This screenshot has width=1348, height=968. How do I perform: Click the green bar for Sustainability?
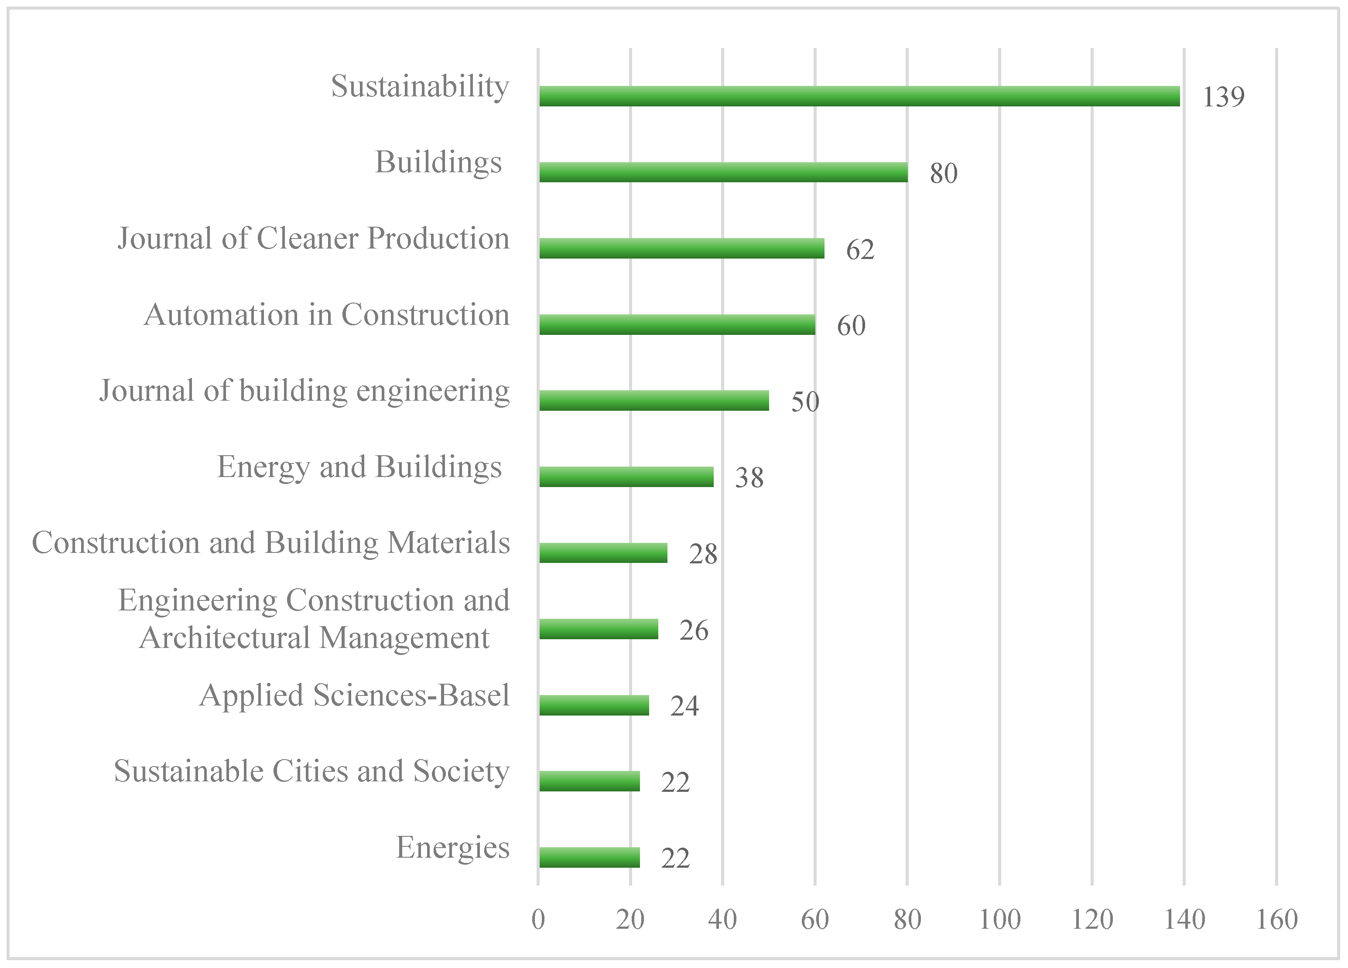[859, 96]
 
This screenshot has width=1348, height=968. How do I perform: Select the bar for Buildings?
[723, 172]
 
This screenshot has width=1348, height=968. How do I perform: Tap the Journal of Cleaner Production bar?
[682, 249]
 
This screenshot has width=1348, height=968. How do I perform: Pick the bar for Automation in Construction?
[677, 324]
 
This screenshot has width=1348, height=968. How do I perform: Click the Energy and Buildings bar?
[626, 477]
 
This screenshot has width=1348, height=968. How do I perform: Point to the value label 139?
[1223, 97]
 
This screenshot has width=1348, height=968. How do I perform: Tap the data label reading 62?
[860, 249]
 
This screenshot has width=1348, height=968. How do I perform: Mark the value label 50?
[805, 402]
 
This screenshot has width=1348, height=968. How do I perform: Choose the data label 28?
[703, 554]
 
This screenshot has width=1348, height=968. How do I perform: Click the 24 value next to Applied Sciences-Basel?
[684, 706]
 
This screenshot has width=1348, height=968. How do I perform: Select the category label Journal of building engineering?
[304, 391]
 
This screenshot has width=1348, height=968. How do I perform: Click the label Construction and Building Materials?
[271, 543]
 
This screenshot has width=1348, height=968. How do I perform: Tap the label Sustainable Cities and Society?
[311, 771]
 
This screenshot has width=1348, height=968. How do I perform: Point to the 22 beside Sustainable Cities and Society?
[675, 782]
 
